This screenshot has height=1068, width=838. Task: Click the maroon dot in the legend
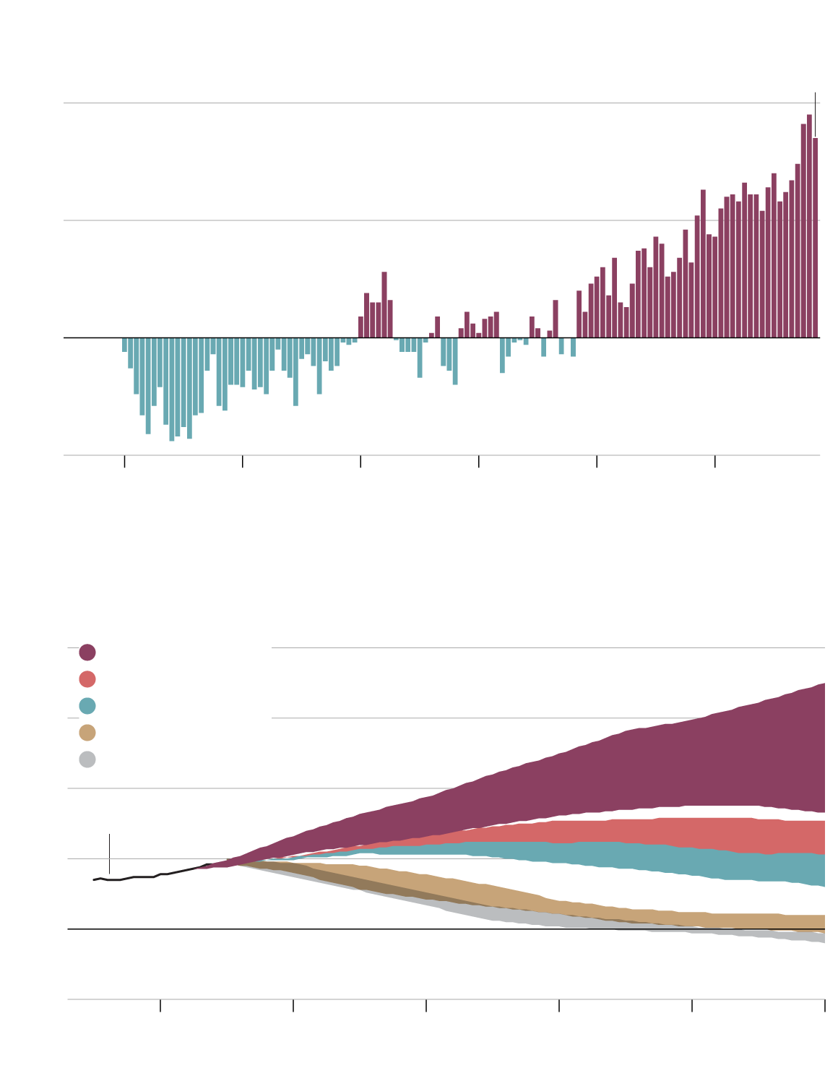[87, 653]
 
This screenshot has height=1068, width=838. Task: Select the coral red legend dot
[87, 679]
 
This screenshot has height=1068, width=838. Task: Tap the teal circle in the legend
[87, 706]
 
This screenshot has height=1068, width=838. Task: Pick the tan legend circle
[87, 733]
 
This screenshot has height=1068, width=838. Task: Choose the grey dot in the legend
[87, 759]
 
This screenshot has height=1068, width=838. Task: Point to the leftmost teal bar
[124, 345]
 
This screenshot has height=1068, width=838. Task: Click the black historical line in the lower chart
[144, 877]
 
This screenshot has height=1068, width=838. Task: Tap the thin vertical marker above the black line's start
[109, 853]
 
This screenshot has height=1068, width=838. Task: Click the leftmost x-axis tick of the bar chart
[124, 461]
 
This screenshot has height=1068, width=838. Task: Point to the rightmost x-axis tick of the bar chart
[714, 461]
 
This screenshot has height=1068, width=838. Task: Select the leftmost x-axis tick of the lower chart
[160, 1005]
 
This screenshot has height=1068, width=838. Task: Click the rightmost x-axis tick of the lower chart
[824, 1005]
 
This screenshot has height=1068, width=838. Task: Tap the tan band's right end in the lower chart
[816, 922]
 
